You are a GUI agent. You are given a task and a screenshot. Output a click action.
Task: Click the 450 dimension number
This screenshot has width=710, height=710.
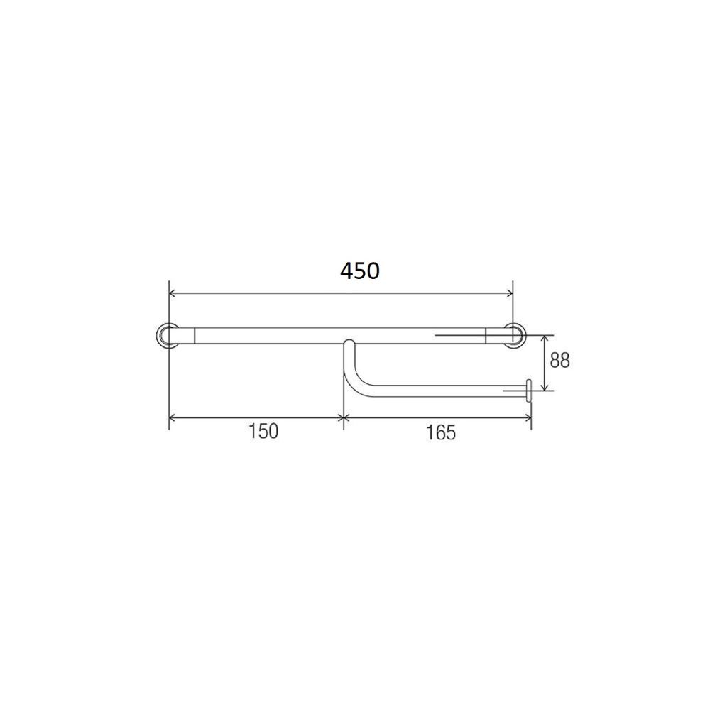coord(360,271)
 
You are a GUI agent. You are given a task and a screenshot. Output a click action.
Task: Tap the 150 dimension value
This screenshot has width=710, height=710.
coord(263,431)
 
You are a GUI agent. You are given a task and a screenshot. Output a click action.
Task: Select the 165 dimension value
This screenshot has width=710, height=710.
coord(441,432)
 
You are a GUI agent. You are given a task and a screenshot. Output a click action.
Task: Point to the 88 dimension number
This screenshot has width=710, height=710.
coord(559,361)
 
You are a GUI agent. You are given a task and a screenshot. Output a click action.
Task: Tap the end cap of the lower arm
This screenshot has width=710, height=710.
coord(528,391)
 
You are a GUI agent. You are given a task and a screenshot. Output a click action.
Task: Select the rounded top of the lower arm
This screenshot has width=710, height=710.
coord(349,343)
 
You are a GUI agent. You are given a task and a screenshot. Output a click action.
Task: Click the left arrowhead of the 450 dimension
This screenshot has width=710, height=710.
coord(173,293)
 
